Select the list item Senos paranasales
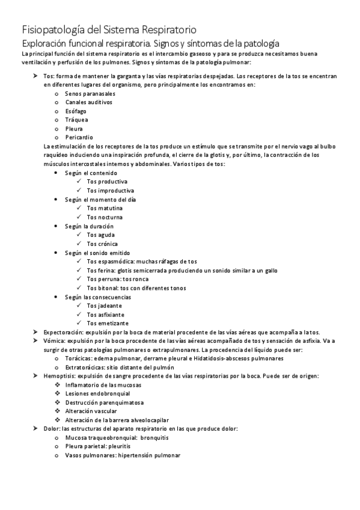coord(90,94)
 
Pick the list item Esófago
coord(76,111)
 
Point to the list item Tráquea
coord(76,120)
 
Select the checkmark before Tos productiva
coord(79,181)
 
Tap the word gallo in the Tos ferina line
coord(270,271)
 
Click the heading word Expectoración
coord(63,333)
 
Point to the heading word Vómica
coord(54,341)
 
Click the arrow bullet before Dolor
coord(36,429)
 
